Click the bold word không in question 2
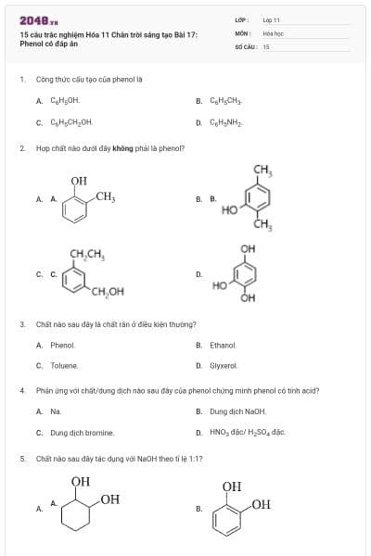122,148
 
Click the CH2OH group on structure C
108,292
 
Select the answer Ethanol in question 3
224,346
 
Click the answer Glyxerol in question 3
224,366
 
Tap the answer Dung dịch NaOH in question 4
237,411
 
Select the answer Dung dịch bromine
83,433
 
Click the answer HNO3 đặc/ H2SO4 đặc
247,433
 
